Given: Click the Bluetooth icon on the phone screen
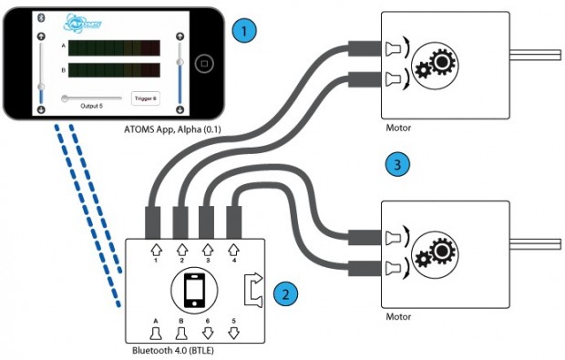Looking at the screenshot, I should coord(41,17).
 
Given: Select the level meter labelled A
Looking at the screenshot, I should coord(117,46).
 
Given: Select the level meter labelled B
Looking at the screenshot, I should coord(117,69).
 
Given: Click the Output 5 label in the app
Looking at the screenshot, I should coord(90,108).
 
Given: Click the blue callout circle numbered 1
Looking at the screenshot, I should coord(241,31).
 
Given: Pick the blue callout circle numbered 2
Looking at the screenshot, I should coord(284,293).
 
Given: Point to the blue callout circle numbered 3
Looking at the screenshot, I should coord(394,165).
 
